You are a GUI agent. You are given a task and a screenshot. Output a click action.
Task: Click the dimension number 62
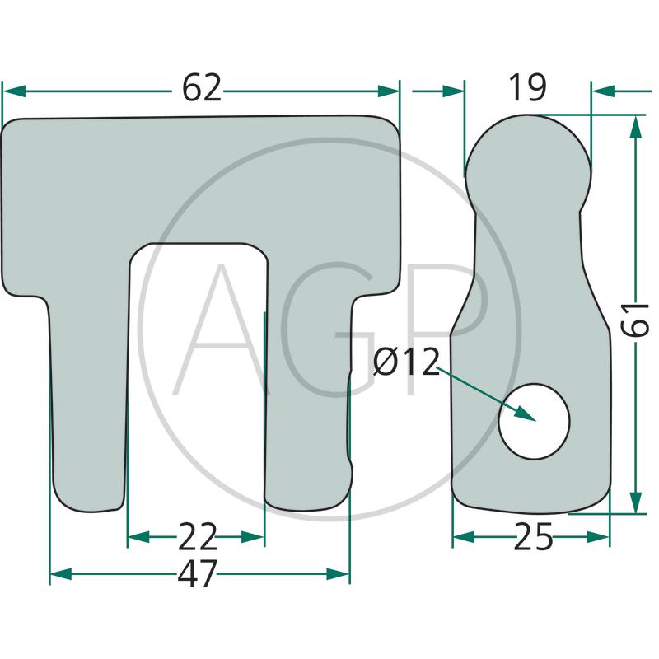click(x=201, y=88)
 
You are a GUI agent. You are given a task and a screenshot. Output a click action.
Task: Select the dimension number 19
click(x=527, y=88)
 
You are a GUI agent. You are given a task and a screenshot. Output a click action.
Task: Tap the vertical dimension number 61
click(x=635, y=320)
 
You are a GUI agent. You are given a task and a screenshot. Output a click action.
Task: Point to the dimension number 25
click(x=533, y=537)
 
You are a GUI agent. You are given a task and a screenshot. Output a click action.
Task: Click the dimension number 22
click(x=197, y=537)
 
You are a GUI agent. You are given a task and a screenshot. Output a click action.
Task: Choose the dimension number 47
click(x=197, y=573)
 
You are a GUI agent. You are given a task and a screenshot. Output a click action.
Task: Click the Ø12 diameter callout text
click(x=406, y=362)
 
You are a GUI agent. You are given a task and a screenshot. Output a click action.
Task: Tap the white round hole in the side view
click(x=534, y=421)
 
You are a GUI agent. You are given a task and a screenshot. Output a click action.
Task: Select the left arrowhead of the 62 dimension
click(x=14, y=91)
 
